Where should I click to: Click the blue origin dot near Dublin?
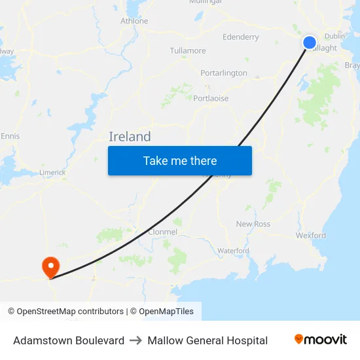coord(310,43)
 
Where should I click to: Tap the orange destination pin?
coord(50,267)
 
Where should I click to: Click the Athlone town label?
coord(134,21)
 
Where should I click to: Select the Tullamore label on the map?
coord(188,50)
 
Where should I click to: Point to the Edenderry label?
coord(241,37)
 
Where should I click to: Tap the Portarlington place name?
coord(224,73)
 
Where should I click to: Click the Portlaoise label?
coord(211,98)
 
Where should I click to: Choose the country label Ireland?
coord(130,137)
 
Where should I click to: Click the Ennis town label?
coord(10,136)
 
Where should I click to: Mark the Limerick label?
coord(52,172)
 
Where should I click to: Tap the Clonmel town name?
coord(163,232)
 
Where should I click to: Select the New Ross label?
coord(253,224)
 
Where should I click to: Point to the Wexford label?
coord(311,235)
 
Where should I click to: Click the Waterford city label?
coord(233,251)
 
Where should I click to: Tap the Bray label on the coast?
coord(352,65)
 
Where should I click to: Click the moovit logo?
coord(321,340)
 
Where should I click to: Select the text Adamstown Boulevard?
coord(69,340)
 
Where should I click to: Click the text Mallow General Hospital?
coord(207,340)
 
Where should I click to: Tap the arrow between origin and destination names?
coord(136,340)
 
